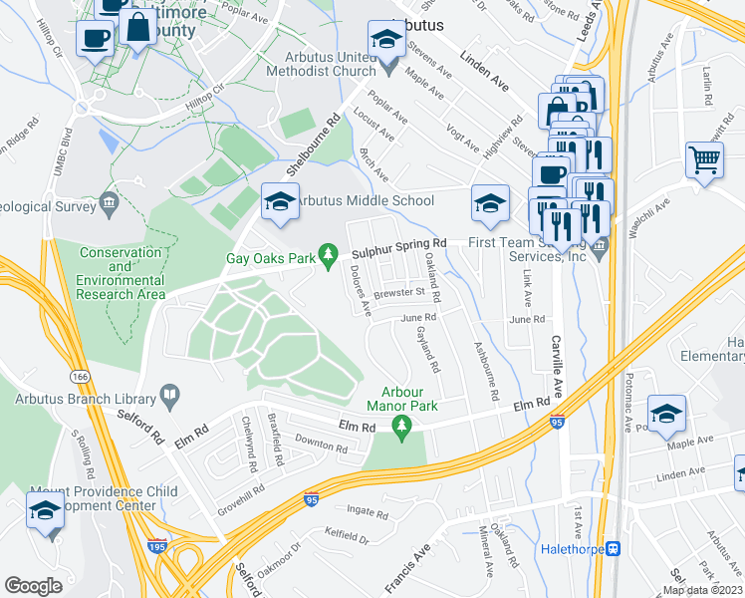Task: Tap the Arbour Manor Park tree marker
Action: [x=402, y=428]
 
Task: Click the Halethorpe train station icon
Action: [x=615, y=548]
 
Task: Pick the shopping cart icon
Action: [x=704, y=159]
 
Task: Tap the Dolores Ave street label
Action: [x=361, y=290]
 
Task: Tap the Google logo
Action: [x=34, y=585]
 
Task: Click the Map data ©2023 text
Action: [x=701, y=590]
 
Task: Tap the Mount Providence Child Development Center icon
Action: [x=45, y=512]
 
